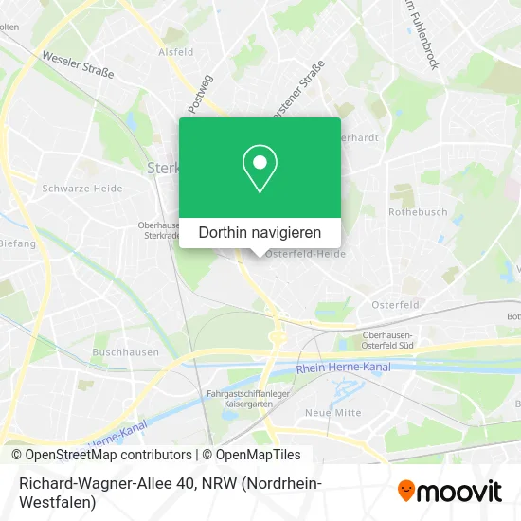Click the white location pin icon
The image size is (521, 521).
click(260, 168)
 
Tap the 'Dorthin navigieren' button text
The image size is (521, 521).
click(260, 232)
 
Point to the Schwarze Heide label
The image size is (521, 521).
click(82, 189)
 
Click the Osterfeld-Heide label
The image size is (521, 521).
click(304, 254)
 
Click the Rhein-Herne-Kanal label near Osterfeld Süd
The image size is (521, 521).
click(343, 368)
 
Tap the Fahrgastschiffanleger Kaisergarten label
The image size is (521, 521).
click(241, 400)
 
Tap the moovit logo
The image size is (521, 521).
click(450, 492)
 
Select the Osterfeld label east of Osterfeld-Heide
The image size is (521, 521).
click(395, 304)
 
